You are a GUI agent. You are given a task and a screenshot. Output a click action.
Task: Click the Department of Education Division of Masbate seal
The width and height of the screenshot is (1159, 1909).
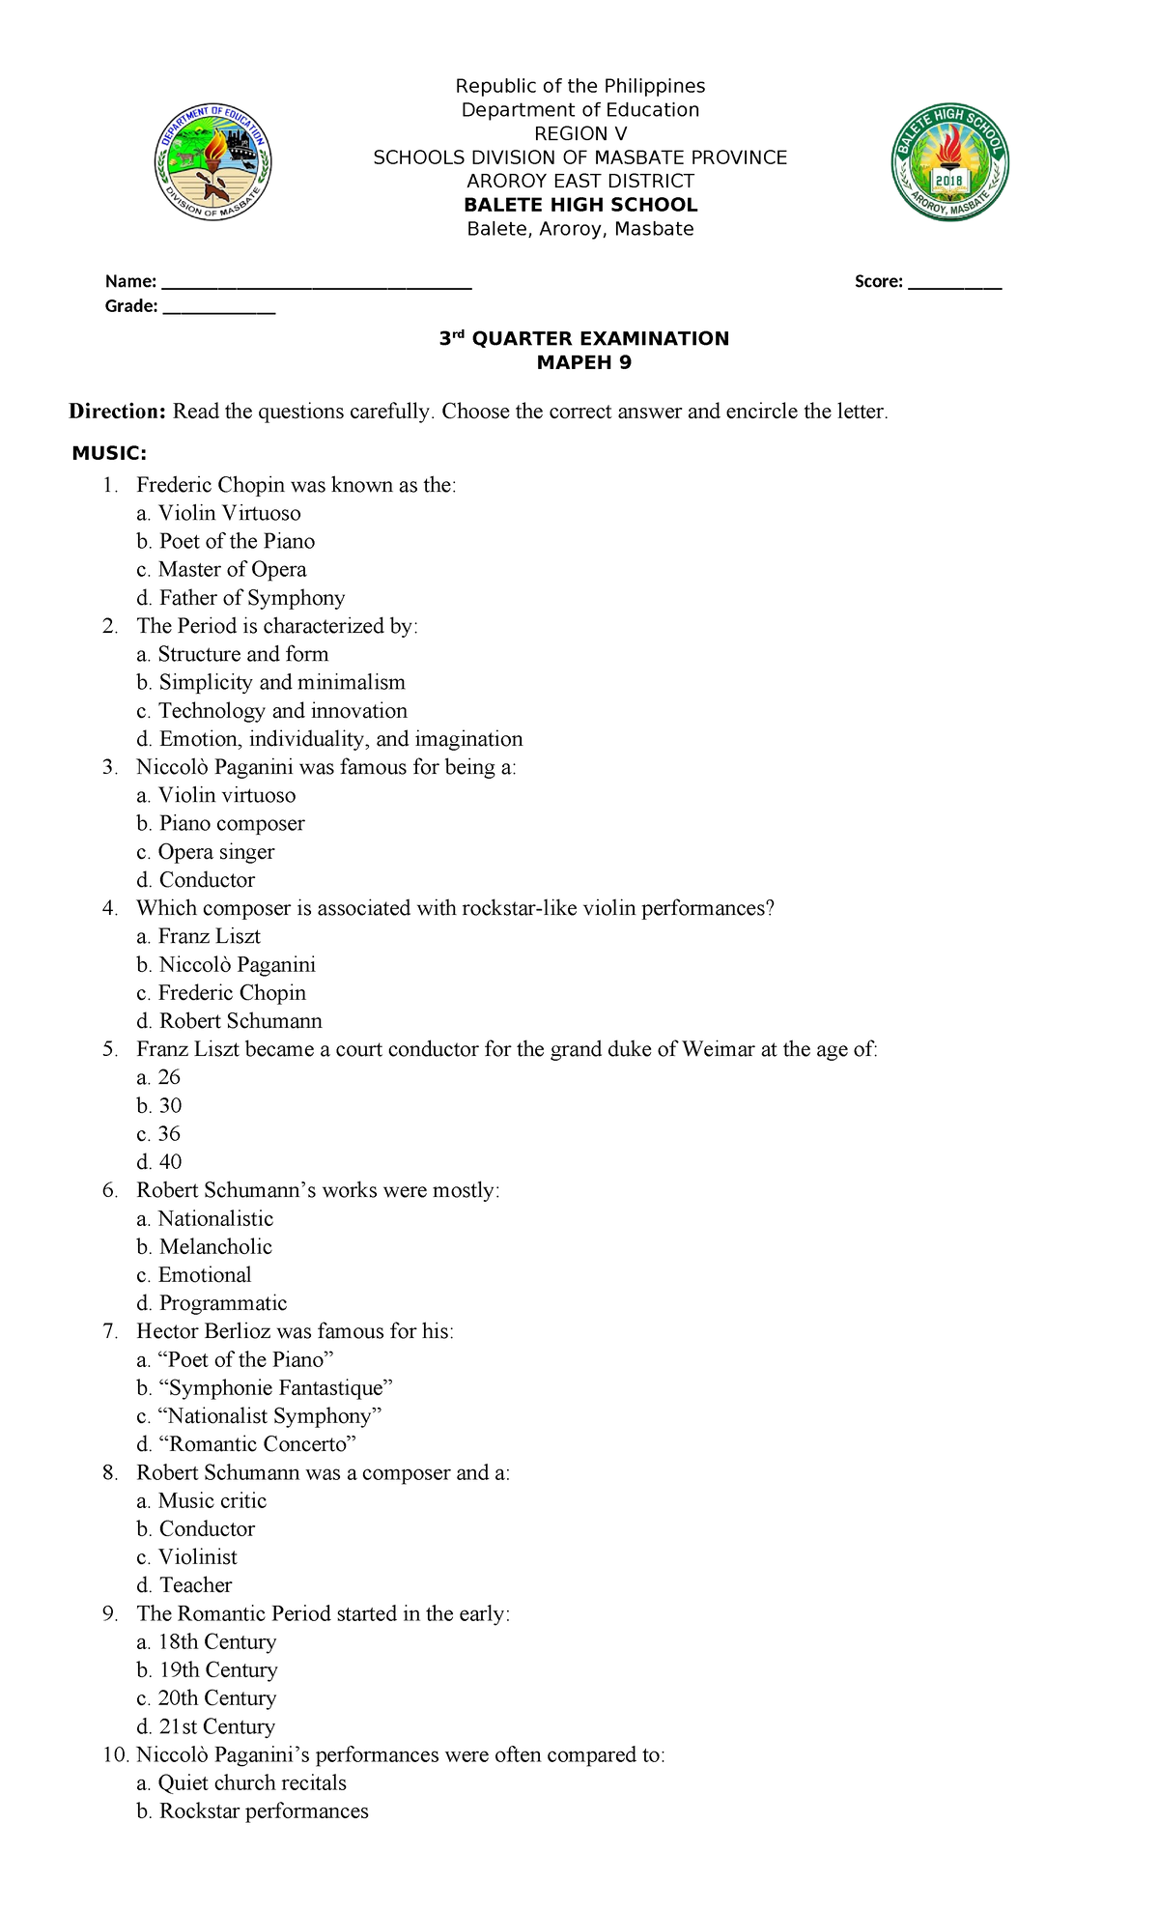click(213, 162)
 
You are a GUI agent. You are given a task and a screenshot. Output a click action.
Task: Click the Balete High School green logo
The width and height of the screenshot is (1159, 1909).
click(949, 162)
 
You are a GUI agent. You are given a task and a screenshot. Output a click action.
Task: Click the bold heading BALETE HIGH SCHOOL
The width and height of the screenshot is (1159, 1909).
click(580, 205)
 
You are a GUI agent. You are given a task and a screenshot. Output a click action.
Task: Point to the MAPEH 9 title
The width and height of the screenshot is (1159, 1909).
click(583, 362)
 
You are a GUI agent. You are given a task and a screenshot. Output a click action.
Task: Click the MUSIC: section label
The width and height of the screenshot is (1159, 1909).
click(110, 453)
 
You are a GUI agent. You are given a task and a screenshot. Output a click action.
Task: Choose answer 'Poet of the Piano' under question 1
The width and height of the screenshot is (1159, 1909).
click(237, 541)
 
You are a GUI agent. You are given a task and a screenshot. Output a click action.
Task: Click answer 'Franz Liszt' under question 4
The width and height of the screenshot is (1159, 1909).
click(209, 936)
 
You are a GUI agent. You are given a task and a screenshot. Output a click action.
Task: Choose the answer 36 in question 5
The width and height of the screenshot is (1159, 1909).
click(169, 1133)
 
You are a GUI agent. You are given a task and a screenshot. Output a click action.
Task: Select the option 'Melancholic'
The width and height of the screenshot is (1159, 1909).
click(215, 1246)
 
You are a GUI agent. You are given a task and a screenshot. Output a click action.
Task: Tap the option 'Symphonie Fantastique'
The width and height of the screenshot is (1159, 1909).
click(276, 1387)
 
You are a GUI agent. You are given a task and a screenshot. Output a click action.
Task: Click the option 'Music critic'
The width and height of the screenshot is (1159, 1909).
click(212, 1500)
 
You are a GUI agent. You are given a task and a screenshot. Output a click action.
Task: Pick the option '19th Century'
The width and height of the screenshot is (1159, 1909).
click(218, 1669)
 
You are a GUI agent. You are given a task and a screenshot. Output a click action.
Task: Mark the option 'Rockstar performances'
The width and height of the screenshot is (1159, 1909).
click(264, 1810)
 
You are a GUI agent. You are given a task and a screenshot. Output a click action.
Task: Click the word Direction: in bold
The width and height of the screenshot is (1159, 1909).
click(118, 412)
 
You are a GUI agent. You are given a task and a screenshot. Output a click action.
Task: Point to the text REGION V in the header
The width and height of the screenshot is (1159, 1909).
click(580, 133)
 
